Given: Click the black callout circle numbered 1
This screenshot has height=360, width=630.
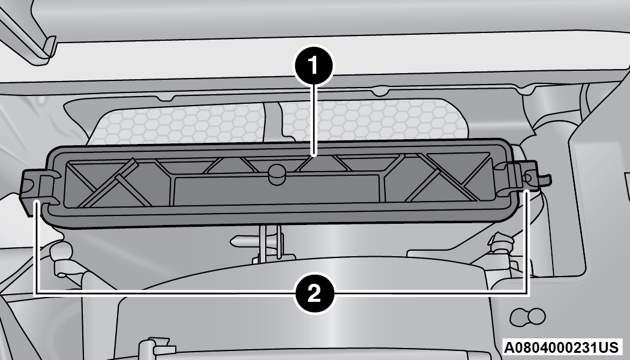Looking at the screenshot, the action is (x=314, y=65).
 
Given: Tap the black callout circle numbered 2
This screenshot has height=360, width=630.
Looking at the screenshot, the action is (x=314, y=294).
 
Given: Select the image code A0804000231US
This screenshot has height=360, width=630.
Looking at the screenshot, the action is (x=562, y=347).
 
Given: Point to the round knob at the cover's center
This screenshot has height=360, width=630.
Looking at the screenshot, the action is (x=277, y=174).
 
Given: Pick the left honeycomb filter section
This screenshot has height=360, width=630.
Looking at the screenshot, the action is (x=177, y=122).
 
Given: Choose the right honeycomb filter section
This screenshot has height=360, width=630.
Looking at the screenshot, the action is (x=374, y=119).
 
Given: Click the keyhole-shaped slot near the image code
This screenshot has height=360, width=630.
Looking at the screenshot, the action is (x=527, y=317).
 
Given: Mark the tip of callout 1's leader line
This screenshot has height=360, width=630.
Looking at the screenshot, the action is (x=314, y=155).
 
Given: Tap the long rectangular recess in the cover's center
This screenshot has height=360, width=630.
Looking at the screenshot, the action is (x=277, y=189).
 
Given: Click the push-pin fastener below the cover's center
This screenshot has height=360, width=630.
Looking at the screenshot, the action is (x=257, y=241).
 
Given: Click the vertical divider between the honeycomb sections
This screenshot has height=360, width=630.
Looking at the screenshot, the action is (x=273, y=121).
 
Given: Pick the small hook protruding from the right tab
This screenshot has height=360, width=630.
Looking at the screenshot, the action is (x=544, y=179).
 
